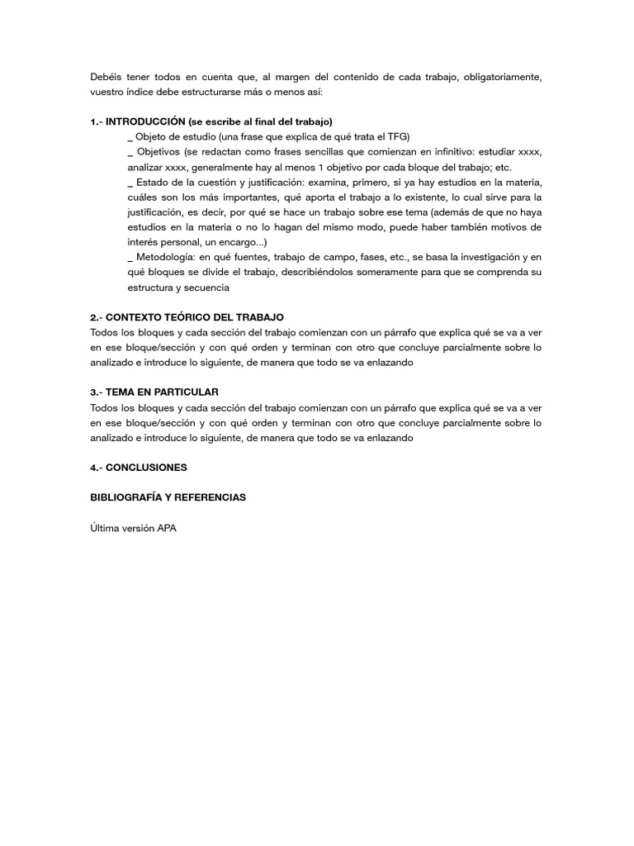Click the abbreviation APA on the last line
[x=166, y=528]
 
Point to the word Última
[x=105, y=528]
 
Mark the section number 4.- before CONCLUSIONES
[x=97, y=467]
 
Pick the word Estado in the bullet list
[x=152, y=182]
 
